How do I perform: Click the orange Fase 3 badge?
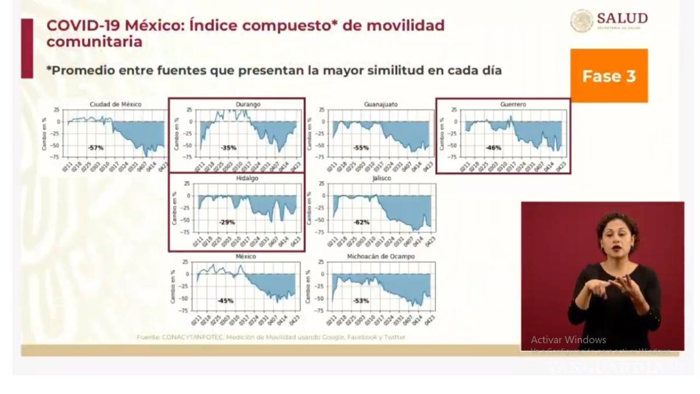609,76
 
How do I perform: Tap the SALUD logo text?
622,18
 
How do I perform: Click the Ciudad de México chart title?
115,104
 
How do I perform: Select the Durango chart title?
249,104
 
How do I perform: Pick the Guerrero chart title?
513,104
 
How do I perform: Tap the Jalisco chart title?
380,179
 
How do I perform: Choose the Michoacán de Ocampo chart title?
380,257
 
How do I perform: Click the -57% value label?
96,148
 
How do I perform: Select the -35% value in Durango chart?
229,148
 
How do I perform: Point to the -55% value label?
361,148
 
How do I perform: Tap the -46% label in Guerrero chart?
494,148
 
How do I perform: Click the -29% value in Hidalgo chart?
227,222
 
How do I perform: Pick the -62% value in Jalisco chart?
361,222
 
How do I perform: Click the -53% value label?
361,301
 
